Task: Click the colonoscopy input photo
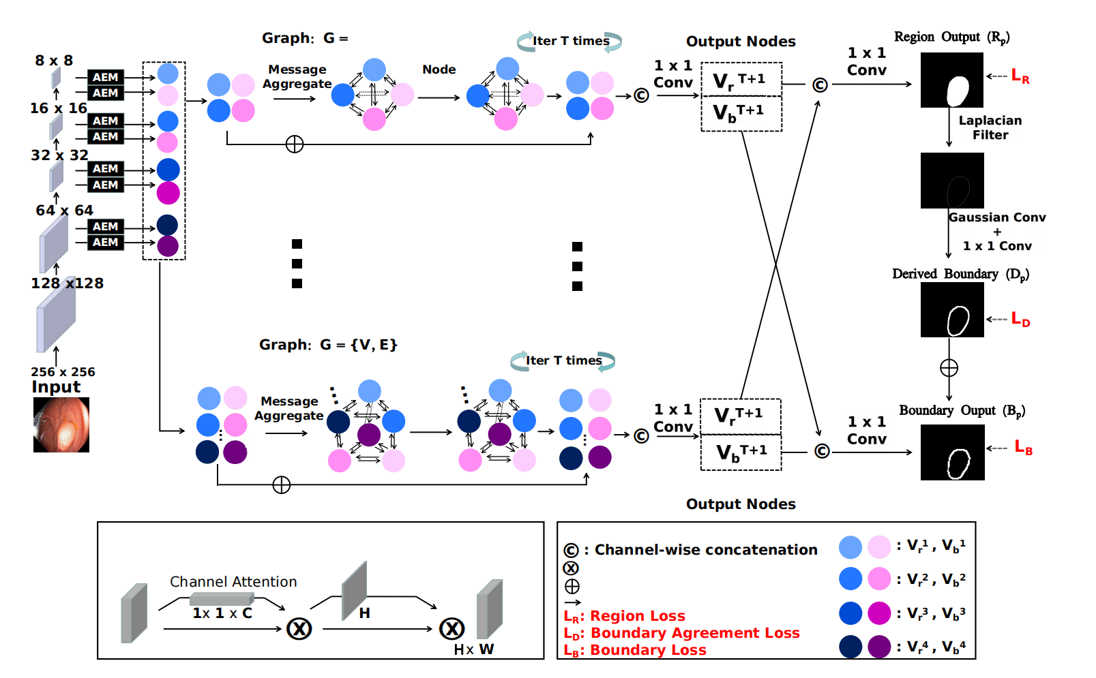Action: coord(61,425)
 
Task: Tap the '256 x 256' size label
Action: coord(63,372)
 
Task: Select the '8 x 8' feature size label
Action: coord(54,61)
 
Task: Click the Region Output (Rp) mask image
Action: coord(951,80)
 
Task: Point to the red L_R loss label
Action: coord(1020,76)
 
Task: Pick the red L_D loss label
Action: coord(1020,319)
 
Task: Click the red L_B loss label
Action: coord(1023,448)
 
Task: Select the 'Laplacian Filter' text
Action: coord(990,127)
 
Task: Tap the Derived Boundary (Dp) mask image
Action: coord(952,310)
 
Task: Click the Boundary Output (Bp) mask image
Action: coord(952,452)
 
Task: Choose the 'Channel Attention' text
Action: coord(233,582)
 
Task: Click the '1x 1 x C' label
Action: coord(222,613)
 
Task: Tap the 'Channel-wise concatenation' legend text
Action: coord(706,550)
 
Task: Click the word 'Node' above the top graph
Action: coord(439,70)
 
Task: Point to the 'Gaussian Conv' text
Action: coord(997,217)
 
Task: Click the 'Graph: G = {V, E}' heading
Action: coord(328,345)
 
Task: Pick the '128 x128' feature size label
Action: coord(67,283)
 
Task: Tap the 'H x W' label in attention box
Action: coord(474,649)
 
